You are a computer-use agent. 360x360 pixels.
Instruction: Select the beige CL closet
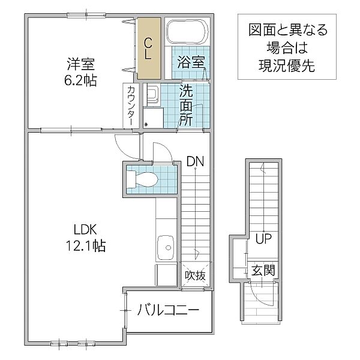[x=149, y=48]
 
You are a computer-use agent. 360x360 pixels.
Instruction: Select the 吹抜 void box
[x=196, y=275]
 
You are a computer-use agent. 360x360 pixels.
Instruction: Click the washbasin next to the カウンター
[x=151, y=95]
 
